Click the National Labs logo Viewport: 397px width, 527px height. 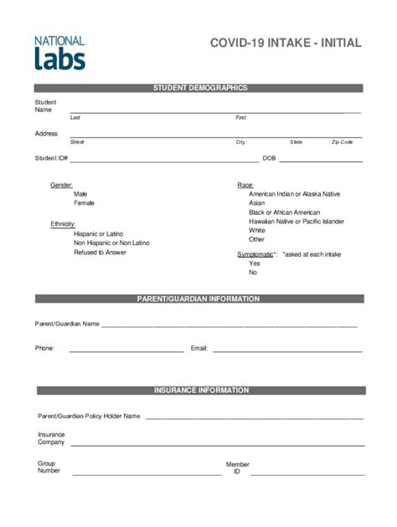(59, 52)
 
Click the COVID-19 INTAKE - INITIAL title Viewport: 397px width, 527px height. (286, 43)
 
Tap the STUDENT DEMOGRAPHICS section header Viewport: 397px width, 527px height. (199, 88)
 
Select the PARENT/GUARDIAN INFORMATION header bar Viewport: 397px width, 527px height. (199, 299)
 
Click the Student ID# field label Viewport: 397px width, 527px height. (51, 158)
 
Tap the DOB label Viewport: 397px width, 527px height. (269, 158)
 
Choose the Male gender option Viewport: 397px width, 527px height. (80, 193)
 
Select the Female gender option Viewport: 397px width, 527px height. (84, 203)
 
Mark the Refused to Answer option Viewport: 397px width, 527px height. (100, 252)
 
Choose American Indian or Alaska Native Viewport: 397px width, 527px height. (294, 193)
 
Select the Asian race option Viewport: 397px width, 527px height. (256, 203)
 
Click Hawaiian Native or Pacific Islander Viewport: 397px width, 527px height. (296, 221)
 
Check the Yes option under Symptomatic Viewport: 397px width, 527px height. (254, 263)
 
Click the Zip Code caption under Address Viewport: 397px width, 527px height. (342, 142)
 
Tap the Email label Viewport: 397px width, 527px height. (198, 348)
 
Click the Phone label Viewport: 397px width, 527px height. (44, 348)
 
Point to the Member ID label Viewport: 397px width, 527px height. (237, 468)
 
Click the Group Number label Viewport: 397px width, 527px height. (49, 467)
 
